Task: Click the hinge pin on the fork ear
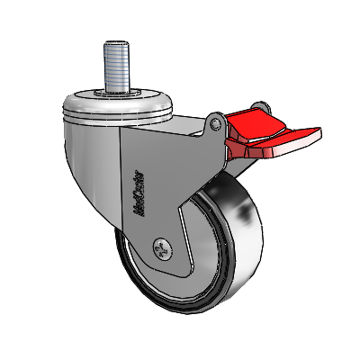(x=217, y=119)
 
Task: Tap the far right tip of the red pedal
(x=319, y=136)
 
